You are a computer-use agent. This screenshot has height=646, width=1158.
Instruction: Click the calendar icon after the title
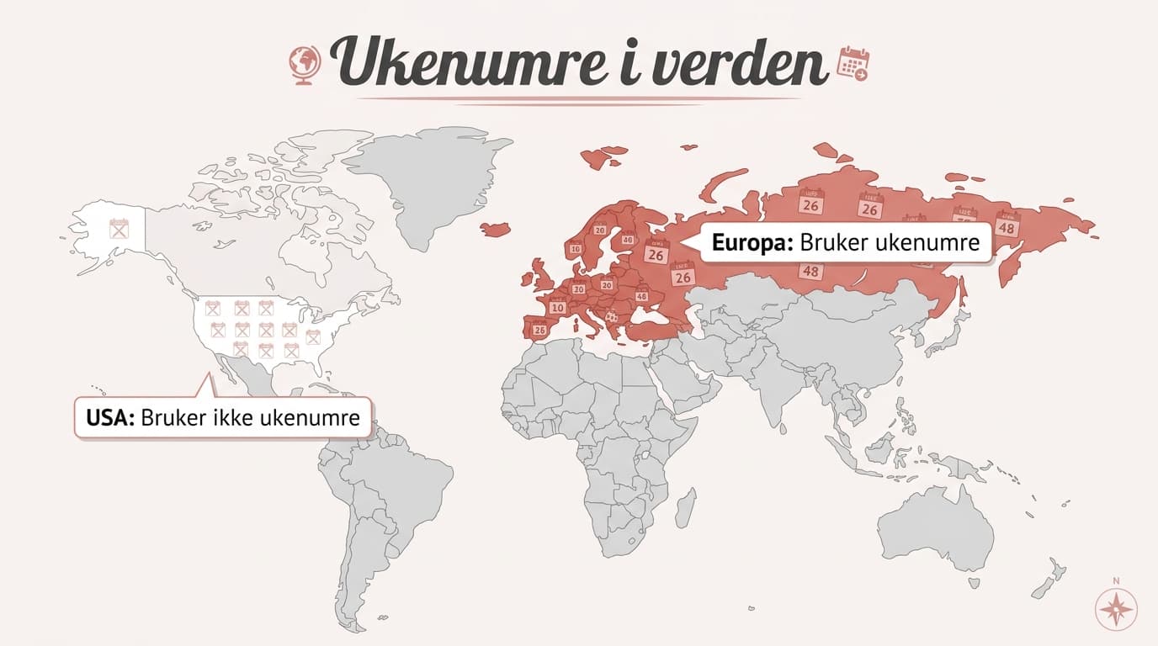[854, 64]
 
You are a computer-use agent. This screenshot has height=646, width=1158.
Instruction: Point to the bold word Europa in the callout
[752, 243]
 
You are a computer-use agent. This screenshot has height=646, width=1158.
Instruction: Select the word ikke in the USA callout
[233, 417]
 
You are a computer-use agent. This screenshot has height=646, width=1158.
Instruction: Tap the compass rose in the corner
[1117, 606]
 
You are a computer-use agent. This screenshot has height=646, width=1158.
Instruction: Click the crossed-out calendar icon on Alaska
[120, 228]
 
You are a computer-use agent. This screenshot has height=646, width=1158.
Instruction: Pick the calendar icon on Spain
[540, 329]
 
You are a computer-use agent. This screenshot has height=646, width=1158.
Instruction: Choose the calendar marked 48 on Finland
[628, 238]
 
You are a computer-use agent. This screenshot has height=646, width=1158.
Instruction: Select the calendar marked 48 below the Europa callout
[811, 270]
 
